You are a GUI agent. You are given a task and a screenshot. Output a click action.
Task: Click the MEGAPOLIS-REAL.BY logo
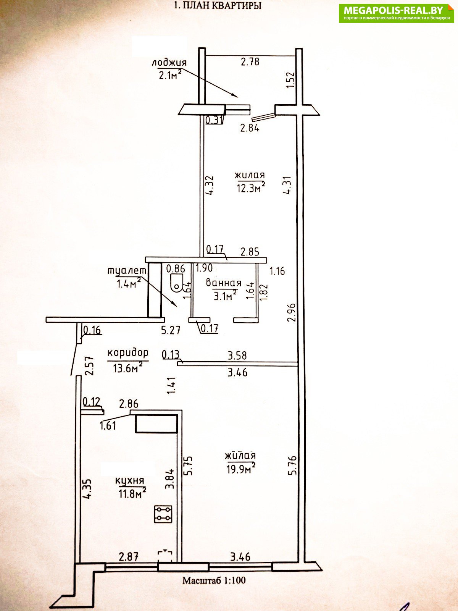pyautogui.click(x=396, y=13)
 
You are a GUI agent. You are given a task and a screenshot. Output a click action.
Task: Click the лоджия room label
pyautogui.click(x=169, y=63)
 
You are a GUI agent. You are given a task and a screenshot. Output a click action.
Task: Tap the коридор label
pyautogui.click(x=128, y=353)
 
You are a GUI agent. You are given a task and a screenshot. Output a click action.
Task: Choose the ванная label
pyautogui.click(x=224, y=283)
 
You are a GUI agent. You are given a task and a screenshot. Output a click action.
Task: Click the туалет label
pyautogui.click(x=127, y=271)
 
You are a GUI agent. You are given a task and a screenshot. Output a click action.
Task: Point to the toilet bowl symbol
pyautogui.click(x=176, y=283)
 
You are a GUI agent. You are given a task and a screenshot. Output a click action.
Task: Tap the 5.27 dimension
pyautogui.click(x=171, y=330)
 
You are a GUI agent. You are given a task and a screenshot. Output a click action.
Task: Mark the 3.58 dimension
pyautogui.click(x=237, y=356)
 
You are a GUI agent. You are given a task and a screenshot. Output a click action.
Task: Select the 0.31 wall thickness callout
pyautogui.click(x=214, y=120)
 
